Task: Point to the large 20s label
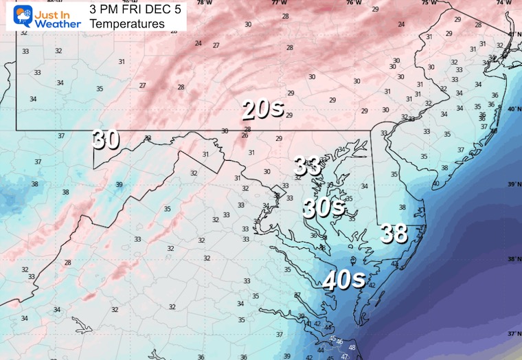pos(262,109)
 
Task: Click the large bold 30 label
pos(106,139)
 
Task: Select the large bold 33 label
pos(308,166)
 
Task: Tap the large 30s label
pos(324,206)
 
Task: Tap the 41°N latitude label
pos(513,34)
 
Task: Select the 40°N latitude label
pos(513,110)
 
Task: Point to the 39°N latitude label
pos(513,185)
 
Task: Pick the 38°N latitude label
pos(513,260)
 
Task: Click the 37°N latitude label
pos(513,334)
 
